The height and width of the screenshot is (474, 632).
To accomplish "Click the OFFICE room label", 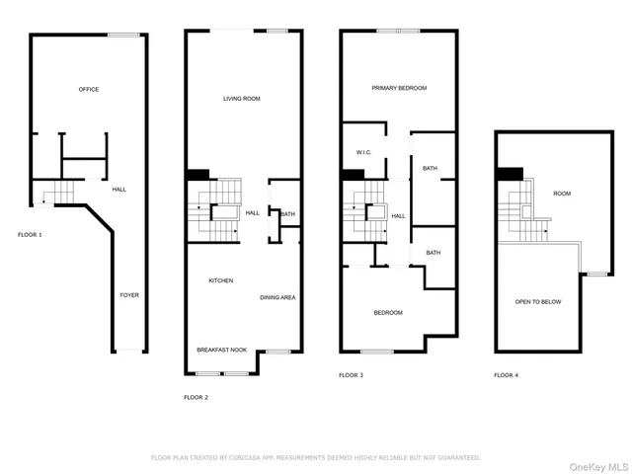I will (x=89, y=90).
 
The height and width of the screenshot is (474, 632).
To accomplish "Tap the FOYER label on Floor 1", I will (x=128, y=294).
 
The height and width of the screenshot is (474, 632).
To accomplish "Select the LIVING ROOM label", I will (x=241, y=98).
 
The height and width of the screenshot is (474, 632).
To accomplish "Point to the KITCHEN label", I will (x=220, y=281).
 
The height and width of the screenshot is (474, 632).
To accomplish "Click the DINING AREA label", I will (x=277, y=297).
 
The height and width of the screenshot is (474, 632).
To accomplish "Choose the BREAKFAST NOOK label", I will (x=218, y=350).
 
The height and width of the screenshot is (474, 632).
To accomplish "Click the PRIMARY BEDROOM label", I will (x=399, y=88).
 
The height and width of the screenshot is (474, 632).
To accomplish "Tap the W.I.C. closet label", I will (x=362, y=152).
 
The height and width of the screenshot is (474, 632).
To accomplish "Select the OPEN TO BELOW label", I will (x=537, y=301).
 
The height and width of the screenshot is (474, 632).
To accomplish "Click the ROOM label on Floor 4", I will (x=562, y=194).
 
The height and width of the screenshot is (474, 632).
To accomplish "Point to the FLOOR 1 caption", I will (x=30, y=235).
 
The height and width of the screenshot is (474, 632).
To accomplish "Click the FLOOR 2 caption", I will (x=196, y=397).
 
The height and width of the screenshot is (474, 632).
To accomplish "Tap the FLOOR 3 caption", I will (x=351, y=375).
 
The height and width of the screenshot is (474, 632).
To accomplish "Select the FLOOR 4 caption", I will (x=506, y=375).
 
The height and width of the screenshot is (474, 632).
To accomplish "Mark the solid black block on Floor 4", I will (x=510, y=174).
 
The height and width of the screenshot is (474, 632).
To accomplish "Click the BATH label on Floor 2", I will (x=287, y=214).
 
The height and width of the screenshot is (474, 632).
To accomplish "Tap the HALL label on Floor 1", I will (x=118, y=189).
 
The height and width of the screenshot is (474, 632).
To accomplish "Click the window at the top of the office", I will (x=122, y=36).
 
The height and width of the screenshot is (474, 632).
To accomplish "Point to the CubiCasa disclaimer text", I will (x=315, y=458).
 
